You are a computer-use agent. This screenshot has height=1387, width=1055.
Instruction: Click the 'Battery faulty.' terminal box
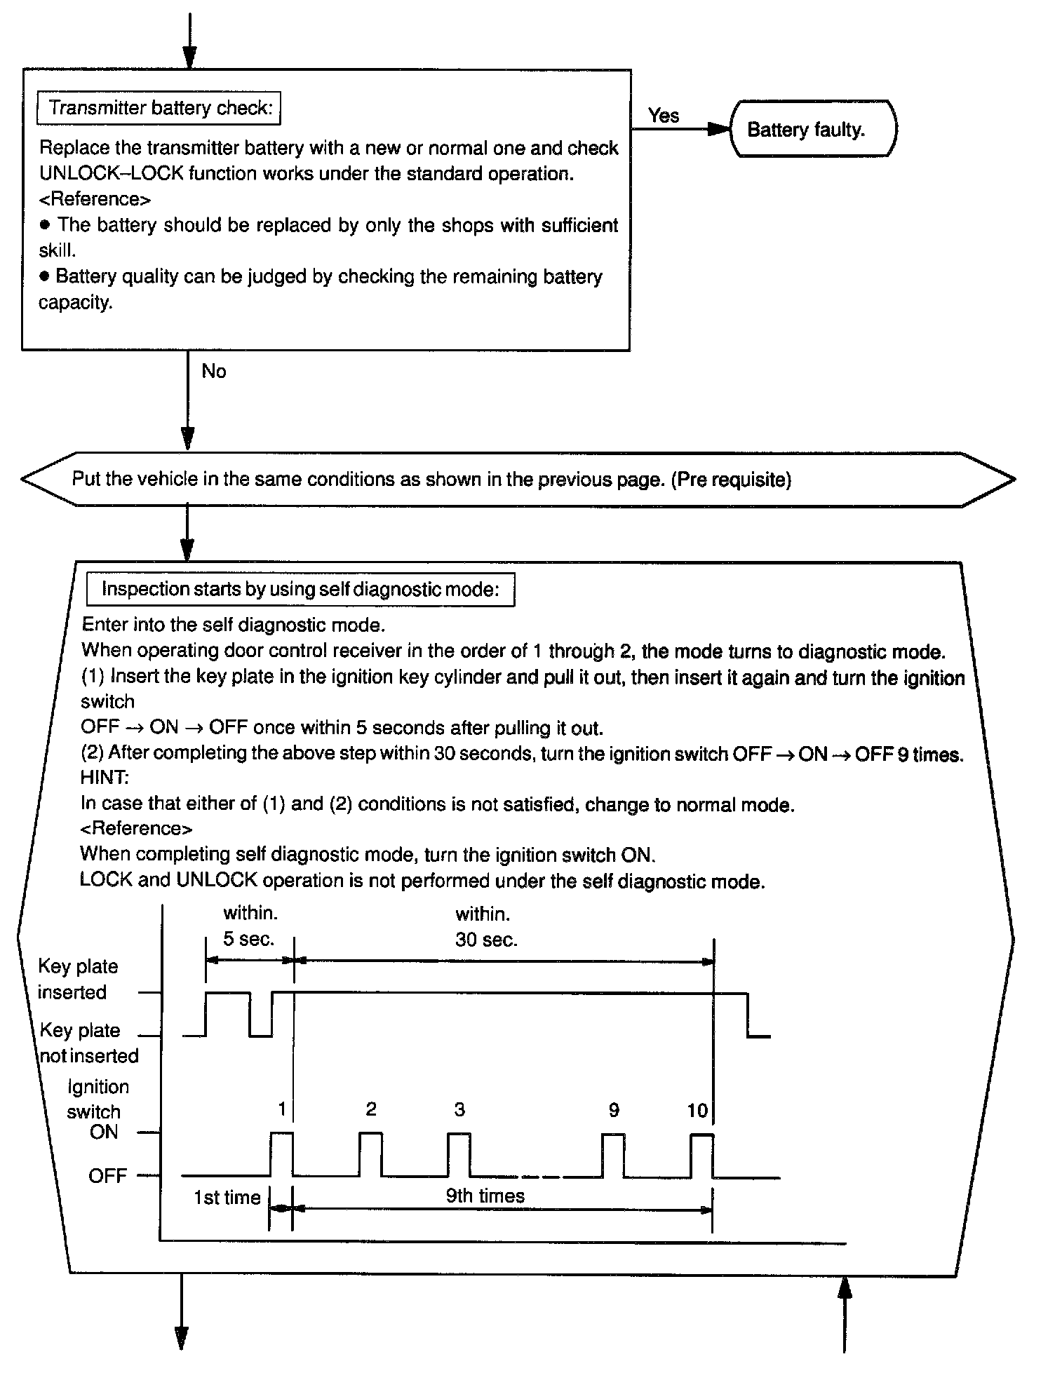812,129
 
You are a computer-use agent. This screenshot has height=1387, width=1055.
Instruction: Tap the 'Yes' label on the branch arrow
663,116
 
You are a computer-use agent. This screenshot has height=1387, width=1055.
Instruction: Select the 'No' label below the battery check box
213,371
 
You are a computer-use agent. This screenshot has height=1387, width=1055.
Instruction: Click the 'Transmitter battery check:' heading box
160,108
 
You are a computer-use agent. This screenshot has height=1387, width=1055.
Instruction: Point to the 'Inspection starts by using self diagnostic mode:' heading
300,589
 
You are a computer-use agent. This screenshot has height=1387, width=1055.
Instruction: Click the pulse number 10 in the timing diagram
697,1110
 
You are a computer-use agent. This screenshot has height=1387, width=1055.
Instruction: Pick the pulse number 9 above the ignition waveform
614,1110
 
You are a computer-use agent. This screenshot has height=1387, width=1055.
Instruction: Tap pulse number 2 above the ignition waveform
371,1109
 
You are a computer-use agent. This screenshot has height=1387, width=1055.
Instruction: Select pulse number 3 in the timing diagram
459,1109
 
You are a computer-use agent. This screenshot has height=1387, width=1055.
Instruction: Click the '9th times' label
485,1196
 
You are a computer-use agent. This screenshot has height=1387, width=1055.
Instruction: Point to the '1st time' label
227,1198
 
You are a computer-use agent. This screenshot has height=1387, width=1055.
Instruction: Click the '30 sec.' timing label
486,940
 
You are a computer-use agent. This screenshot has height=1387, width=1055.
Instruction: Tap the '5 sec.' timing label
249,939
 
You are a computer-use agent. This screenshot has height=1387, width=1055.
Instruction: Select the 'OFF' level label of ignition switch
107,1176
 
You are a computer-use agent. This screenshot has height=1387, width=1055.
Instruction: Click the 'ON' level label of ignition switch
104,1132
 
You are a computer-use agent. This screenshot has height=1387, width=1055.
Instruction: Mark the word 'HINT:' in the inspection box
105,778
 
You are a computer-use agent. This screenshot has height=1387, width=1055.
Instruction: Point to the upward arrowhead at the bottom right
845,1287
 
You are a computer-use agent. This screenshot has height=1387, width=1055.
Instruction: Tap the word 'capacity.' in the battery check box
76,303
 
